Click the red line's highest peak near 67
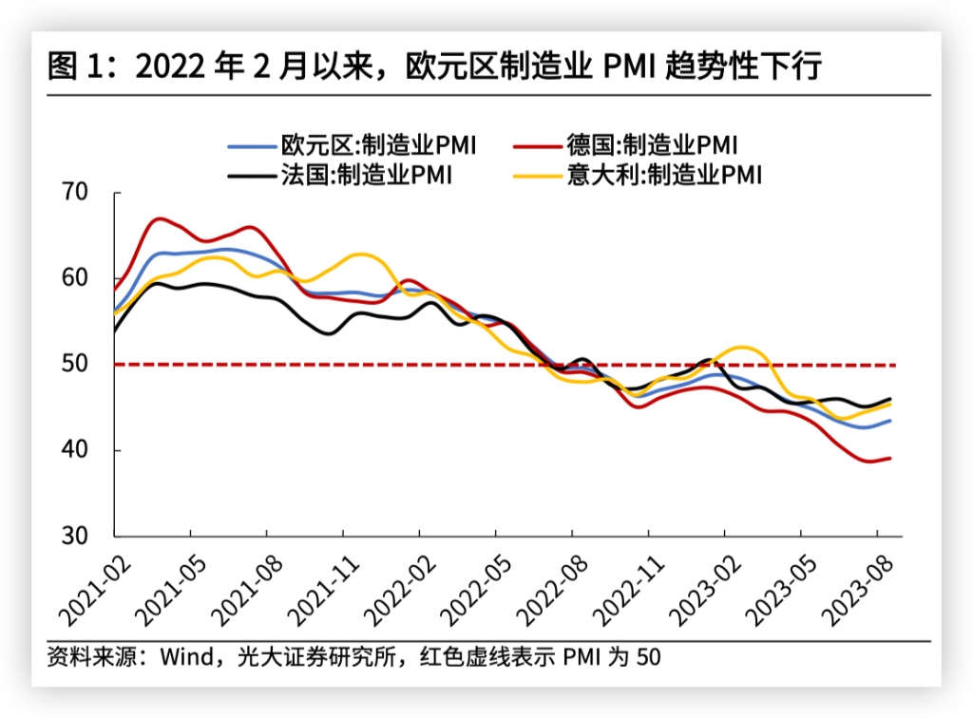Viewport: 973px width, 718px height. point(159,218)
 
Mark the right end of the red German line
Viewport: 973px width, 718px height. point(889,458)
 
